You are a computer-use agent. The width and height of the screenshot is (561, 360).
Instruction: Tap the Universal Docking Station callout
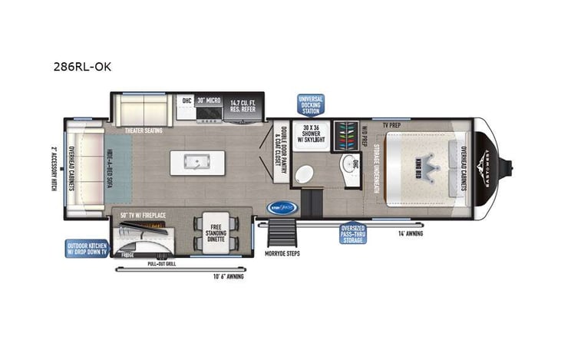click(311, 104)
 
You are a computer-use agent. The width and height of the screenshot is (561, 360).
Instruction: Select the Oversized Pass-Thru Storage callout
click(354, 233)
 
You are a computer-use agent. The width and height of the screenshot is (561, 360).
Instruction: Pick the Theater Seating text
click(144, 130)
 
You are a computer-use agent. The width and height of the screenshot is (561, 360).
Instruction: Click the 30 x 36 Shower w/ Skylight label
click(313, 131)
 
